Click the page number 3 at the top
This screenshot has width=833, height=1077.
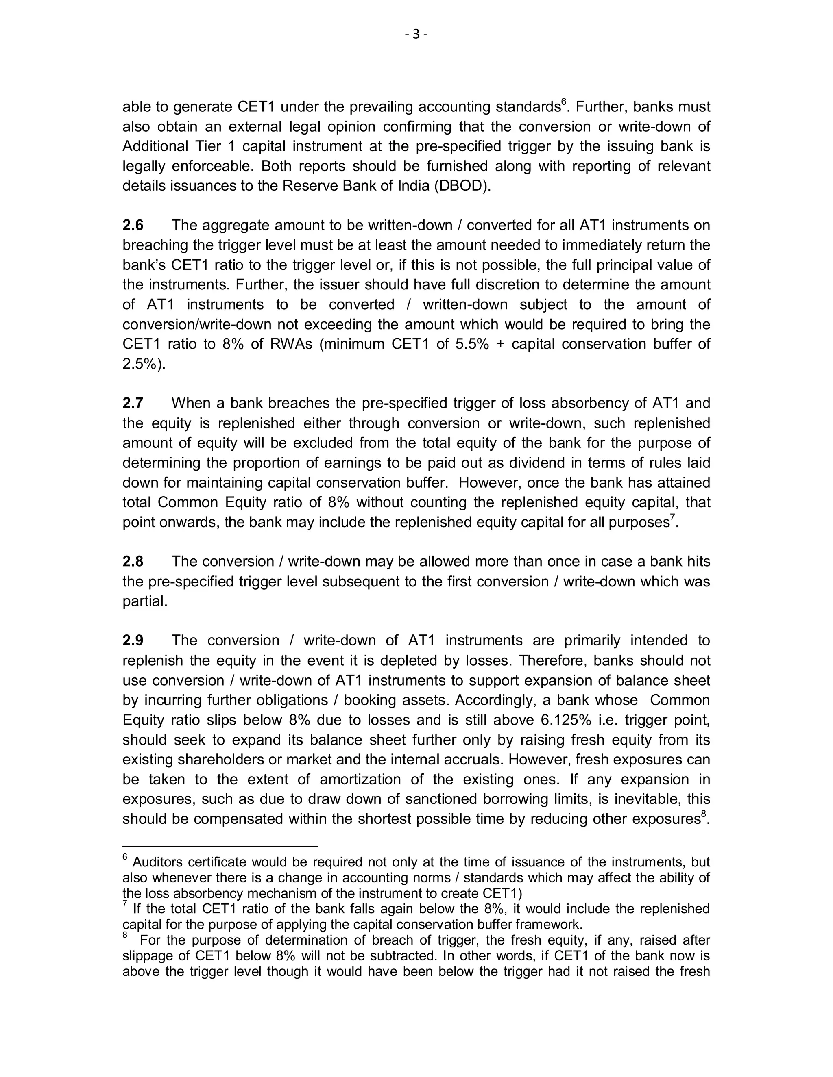[x=416, y=34]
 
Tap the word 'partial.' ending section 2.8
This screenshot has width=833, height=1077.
[x=145, y=601]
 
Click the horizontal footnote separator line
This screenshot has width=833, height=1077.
[x=220, y=846]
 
